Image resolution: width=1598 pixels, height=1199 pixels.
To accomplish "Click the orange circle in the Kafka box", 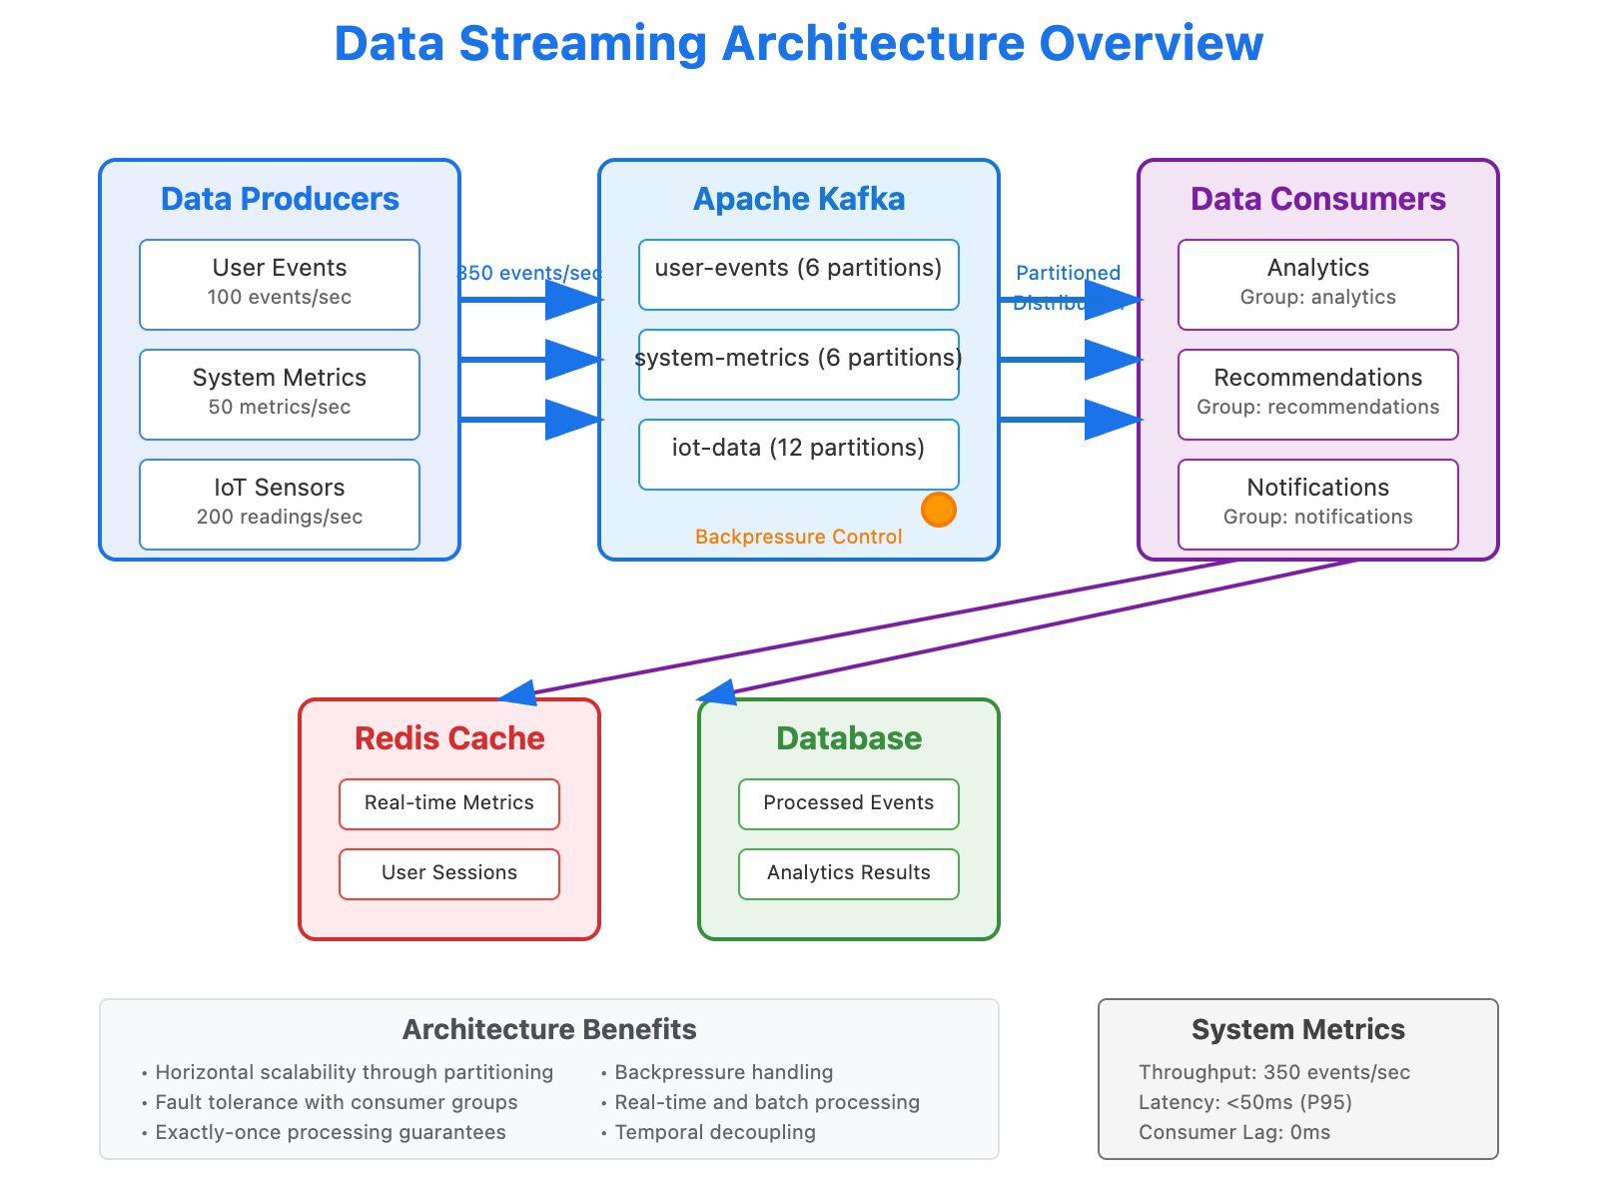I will [x=938, y=510].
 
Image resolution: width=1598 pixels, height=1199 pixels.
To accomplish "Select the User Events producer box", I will [x=280, y=285].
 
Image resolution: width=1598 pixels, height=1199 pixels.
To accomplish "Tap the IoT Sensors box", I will [x=280, y=505].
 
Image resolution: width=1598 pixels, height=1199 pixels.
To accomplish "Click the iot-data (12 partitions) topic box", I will [x=799, y=455].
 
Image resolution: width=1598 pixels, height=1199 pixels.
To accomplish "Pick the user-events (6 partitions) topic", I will [x=799, y=275].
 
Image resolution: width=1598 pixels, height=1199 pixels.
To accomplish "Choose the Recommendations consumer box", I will [x=1318, y=395].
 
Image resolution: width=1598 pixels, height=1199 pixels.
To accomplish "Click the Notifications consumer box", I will [x=1318, y=505].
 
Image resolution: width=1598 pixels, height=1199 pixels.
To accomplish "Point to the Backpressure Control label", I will [x=799, y=537].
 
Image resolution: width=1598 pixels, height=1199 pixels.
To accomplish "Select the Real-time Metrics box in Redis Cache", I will [x=449, y=804].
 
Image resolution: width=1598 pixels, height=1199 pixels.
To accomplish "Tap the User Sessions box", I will [x=449, y=874].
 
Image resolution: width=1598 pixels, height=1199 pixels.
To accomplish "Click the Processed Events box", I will [x=849, y=804].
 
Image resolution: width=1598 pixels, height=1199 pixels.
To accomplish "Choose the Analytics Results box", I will [x=849, y=874].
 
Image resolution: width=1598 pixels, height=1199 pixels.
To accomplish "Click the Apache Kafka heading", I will [x=799, y=199].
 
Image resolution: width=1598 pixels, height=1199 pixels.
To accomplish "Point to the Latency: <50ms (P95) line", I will [x=1245, y=1102].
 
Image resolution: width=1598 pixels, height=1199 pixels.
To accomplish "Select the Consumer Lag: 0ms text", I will [x=1234, y=1132].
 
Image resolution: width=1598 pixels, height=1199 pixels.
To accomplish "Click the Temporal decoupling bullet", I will [x=715, y=1132].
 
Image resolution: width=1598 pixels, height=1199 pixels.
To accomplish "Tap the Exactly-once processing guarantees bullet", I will [x=331, y=1132].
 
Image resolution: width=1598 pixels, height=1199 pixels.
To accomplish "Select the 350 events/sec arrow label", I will [x=530, y=273].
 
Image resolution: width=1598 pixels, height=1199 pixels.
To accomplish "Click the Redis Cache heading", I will [x=449, y=738].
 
